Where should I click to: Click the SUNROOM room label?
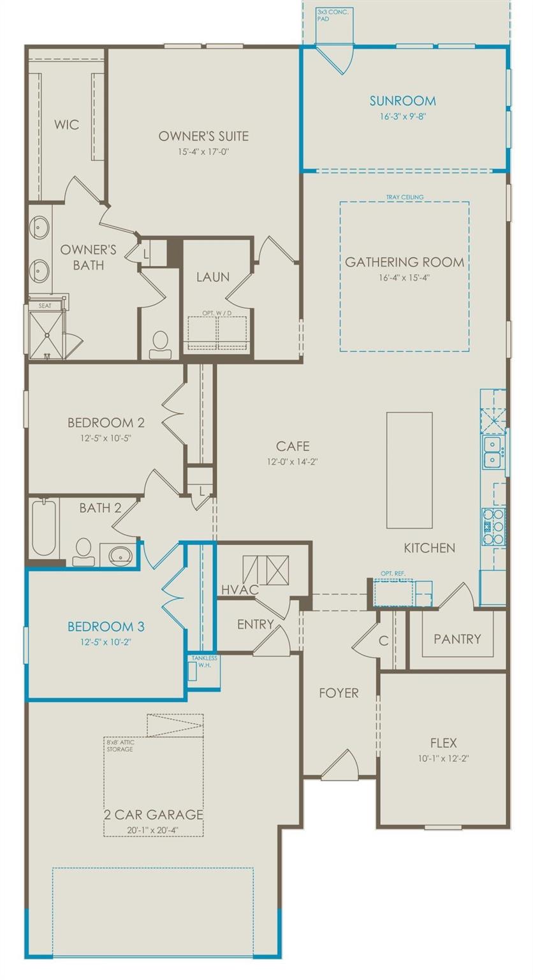[402, 101]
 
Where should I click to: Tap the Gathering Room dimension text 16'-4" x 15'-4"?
[404, 278]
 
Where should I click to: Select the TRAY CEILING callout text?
[404, 197]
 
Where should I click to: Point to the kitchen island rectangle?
[409, 470]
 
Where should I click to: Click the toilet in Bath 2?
[84, 553]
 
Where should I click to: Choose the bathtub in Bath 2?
[44, 528]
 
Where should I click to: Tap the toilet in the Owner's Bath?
[160, 342]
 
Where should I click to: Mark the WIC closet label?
[66, 124]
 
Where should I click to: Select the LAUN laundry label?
[213, 277]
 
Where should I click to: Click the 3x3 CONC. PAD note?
[333, 15]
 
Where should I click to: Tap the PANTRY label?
[457, 639]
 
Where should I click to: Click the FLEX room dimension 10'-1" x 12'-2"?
[443, 759]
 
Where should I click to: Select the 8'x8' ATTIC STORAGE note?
[119, 745]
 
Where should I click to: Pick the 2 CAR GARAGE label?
[154, 815]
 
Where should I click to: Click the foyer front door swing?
[340, 766]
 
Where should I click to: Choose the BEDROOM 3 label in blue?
[99, 625]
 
